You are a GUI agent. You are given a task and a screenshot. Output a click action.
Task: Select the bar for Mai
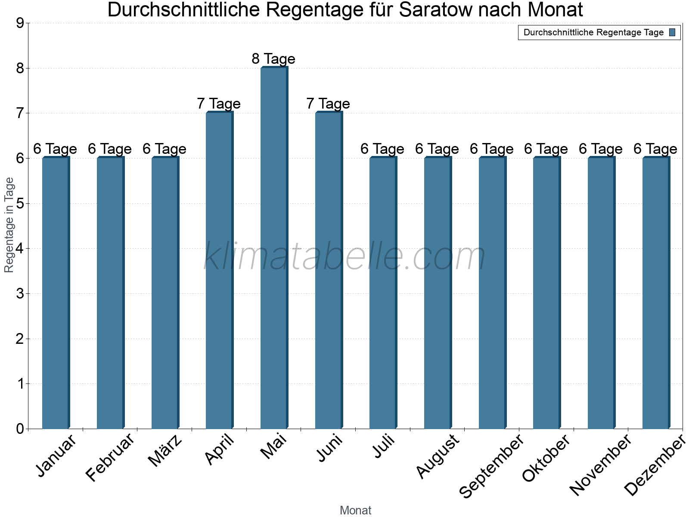(274, 248)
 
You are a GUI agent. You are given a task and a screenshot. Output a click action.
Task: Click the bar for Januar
(56, 293)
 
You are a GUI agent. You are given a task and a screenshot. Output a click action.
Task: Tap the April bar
(219, 270)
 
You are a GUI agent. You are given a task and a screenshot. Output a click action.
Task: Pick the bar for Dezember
(656, 293)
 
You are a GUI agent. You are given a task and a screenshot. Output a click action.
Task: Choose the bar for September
(492, 293)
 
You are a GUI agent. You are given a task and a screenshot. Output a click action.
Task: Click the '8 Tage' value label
(273, 59)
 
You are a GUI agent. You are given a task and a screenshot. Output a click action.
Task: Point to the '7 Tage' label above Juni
(328, 104)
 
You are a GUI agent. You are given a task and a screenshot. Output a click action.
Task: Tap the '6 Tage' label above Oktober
(546, 149)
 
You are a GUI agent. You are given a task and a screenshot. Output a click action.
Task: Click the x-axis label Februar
(110, 458)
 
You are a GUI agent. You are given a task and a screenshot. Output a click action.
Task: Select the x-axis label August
(438, 456)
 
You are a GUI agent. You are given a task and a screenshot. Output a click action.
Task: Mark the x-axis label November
(600, 465)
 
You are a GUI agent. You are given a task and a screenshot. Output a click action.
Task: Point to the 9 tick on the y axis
(20, 23)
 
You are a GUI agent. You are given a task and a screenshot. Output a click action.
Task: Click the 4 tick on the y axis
(20, 249)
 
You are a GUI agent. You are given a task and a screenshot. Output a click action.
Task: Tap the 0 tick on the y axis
(20, 429)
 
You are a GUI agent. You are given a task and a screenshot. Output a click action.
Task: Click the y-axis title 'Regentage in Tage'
(9, 225)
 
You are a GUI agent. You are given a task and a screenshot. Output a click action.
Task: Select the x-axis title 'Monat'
(355, 511)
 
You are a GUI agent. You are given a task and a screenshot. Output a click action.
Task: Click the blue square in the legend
(672, 32)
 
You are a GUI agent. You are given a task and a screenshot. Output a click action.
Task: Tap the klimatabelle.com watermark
(344, 256)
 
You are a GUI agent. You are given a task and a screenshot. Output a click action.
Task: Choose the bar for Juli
(383, 293)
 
